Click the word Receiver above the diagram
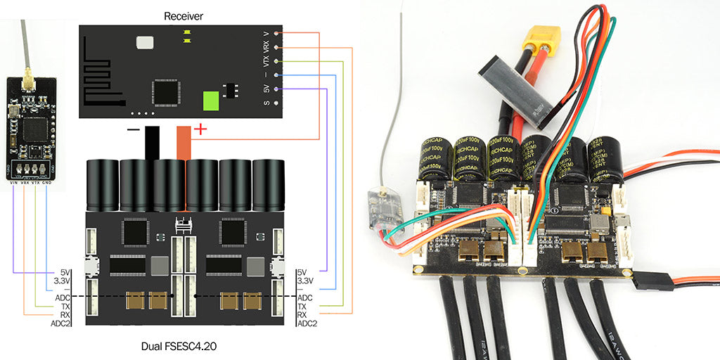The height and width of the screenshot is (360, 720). (183, 15)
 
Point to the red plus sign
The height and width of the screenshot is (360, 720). (200, 129)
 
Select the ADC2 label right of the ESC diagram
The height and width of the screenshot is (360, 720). (307, 323)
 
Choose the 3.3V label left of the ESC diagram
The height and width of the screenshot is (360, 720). (63, 281)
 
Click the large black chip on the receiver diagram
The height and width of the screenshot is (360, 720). (165, 91)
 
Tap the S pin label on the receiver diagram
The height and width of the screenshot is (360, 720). (266, 103)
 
